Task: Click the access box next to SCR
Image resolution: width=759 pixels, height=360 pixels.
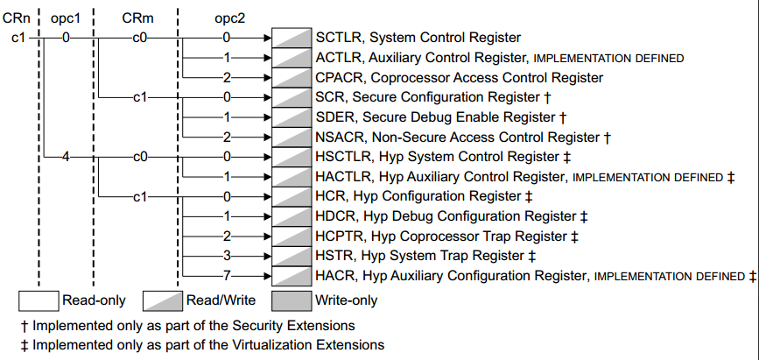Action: [292, 97]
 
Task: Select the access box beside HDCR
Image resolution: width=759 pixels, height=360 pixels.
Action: [292, 216]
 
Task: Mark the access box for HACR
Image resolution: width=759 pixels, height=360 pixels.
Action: [292, 276]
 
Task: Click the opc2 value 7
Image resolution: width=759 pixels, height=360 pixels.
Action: [227, 276]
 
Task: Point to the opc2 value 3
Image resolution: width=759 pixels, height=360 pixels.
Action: [227, 256]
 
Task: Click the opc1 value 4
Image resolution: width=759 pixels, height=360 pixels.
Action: [66, 157]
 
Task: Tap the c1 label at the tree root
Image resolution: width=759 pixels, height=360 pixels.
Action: [18, 38]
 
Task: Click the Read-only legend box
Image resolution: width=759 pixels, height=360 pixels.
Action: [39, 301]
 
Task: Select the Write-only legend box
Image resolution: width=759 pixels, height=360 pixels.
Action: [292, 301]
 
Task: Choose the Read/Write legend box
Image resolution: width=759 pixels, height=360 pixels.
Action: [163, 301]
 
